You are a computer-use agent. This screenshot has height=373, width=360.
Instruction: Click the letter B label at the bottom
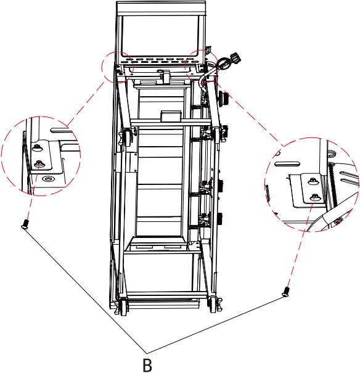tap(147, 364)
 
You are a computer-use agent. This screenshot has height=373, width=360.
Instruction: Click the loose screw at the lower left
tap(25, 224)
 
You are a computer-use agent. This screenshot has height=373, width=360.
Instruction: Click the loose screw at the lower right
tap(286, 291)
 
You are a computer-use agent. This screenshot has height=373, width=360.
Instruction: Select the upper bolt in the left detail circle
tap(37, 148)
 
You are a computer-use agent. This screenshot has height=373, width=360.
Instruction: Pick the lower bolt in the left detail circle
tap(40, 163)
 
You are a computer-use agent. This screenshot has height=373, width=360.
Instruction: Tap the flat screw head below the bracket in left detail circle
tap(48, 179)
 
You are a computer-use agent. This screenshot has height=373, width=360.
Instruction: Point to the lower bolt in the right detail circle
tap(315, 197)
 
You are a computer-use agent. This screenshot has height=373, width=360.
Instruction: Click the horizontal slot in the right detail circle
tap(288, 164)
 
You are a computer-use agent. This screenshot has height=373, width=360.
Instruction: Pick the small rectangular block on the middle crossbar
tap(169, 117)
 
